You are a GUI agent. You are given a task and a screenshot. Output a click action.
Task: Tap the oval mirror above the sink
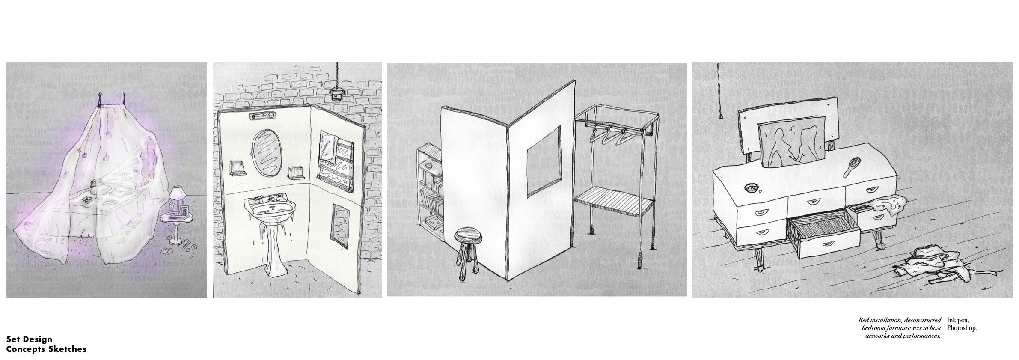coord(264,153)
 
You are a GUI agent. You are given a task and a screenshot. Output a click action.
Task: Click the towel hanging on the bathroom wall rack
coord(330,149)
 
